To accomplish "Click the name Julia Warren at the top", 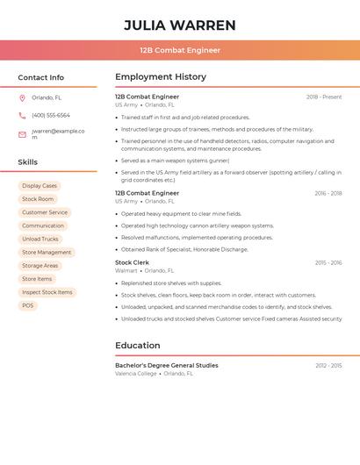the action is click(180, 25).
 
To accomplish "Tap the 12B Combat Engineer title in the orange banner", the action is click(180, 50).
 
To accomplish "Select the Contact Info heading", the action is click(40, 77).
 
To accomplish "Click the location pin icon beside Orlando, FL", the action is click(22, 97).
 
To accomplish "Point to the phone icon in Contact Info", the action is click(22, 115).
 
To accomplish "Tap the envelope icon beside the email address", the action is click(22, 134).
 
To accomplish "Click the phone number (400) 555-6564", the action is click(51, 115).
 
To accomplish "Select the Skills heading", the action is click(28, 161).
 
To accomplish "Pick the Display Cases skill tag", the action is click(40, 186).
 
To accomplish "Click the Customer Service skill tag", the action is click(45, 212).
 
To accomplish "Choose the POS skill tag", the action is click(28, 305).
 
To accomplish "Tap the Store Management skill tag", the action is click(47, 252).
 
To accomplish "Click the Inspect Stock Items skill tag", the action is click(47, 292).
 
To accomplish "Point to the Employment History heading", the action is click(161, 77).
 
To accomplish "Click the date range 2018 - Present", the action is click(324, 97).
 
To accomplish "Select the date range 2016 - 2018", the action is click(328, 193).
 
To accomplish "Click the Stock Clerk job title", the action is click(132, 262).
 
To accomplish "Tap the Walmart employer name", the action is click(126, 271).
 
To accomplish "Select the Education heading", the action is click(138, 346).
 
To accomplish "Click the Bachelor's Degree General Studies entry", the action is click(167, 365).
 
